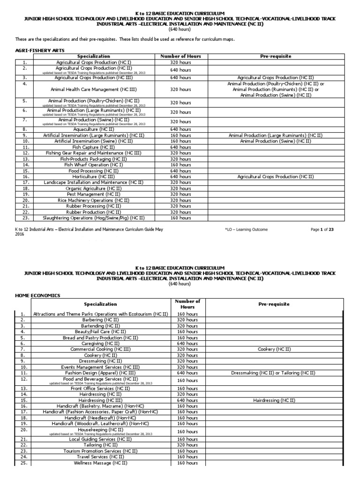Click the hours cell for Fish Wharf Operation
pyautogui.click(x=180, y=165)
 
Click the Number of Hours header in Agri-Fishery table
pyautogui.click(x=180, y=56)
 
